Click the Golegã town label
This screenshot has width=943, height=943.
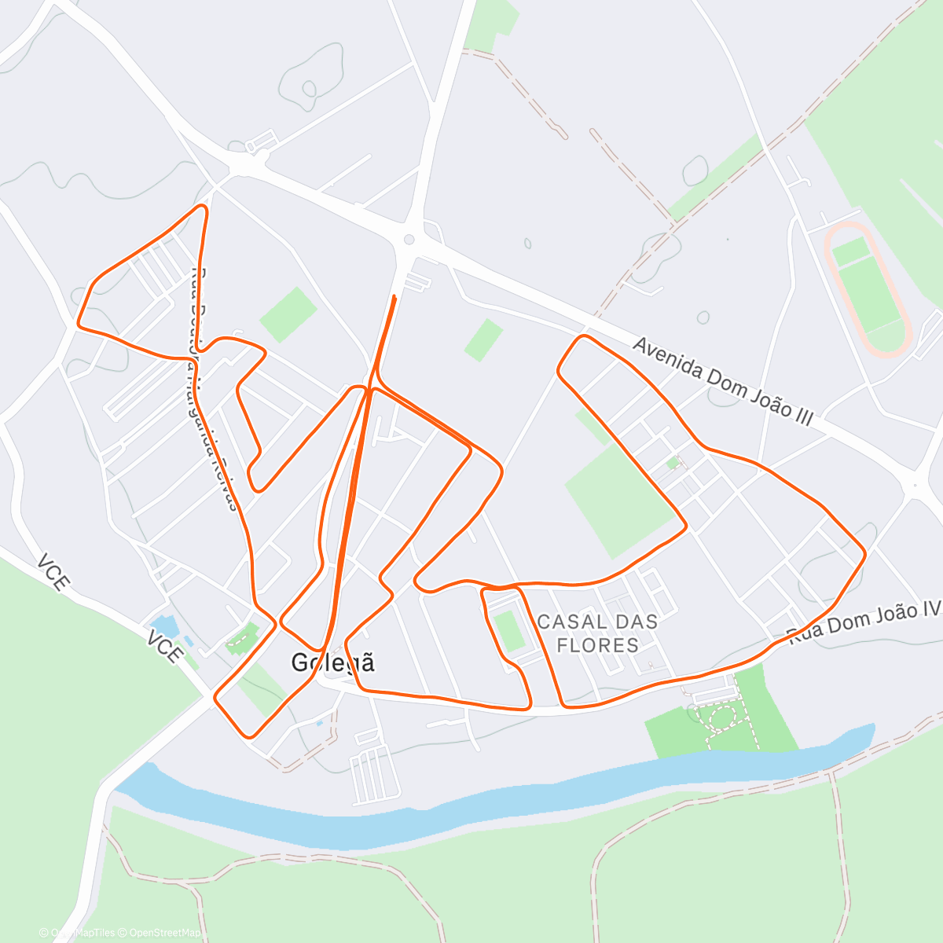click(332, 662)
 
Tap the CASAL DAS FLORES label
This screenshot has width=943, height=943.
click(597, 633)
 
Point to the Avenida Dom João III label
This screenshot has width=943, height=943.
click(722, 382)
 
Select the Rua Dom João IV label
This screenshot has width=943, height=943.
click(864, 622)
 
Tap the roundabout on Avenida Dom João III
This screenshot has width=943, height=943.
click(409, 240)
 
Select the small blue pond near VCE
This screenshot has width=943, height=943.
click(166, 626)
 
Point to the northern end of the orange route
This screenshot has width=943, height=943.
click(394, 297)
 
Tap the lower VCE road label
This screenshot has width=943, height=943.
click(165, 645)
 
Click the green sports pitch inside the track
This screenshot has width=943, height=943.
click(868, 288)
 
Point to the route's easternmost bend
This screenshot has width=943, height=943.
click(864, 554)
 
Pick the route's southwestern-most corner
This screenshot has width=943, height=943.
click(248, 736)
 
